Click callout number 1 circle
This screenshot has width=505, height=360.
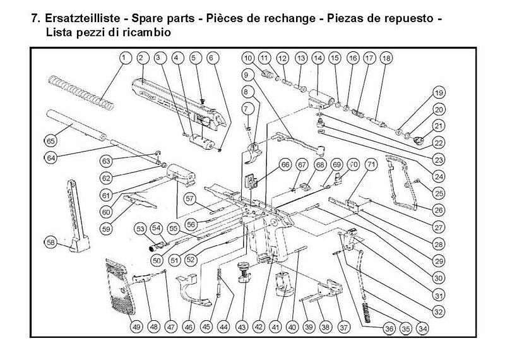pos(124,57)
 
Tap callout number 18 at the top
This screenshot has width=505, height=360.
pos(386,58)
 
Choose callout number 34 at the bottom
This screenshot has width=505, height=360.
pos(422,327)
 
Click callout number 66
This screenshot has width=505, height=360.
pos(285,165)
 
